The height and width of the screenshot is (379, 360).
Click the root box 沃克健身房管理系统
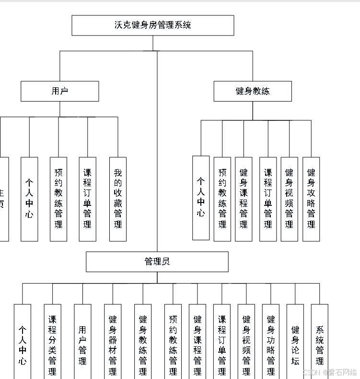click(x=153, y=25)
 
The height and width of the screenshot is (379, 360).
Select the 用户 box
click(x=60, y=91)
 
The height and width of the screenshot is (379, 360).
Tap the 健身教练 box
click(x=253, y=91)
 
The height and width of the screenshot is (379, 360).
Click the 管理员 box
click(x=157, y=261)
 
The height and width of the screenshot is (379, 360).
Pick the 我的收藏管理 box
click(x=118, y=199)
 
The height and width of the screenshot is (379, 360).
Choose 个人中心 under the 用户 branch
click(x=29, y=199)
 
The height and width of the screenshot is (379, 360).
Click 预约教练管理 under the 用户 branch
click(x=58, y=199)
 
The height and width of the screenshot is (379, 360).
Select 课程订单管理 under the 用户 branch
click(x=87, y=199)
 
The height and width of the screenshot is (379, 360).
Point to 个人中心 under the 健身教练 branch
click(x=201, y=198)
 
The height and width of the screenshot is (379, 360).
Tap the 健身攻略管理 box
click(x=311, y=199)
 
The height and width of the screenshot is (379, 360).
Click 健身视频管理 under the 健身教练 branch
click(x=289, y=199)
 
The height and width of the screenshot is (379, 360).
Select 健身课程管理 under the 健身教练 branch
click(x=244, y=199)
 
